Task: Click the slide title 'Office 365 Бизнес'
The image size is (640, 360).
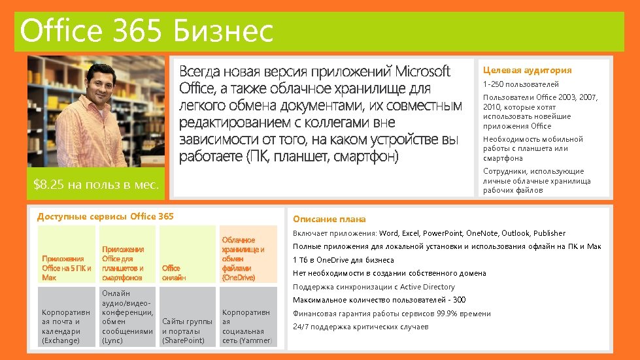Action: (147, 31)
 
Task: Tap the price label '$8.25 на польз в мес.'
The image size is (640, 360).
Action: (96, 185)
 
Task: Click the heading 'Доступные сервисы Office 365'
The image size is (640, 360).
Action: (105, 216)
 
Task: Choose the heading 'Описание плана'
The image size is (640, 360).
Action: (329, 220)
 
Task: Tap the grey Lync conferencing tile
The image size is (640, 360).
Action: (127, 318)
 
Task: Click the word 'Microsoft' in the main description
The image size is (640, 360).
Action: (423, 71)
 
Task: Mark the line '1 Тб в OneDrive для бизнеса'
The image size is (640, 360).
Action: (343, 260)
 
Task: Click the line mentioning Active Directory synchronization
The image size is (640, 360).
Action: (373, 287)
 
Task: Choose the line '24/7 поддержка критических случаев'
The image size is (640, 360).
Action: (360, 327)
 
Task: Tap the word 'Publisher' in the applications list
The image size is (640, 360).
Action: (549, 233)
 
